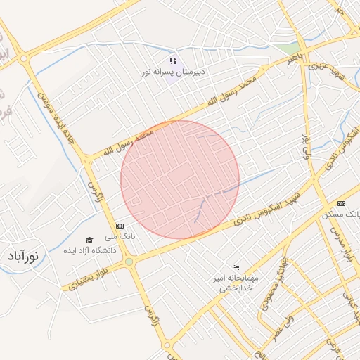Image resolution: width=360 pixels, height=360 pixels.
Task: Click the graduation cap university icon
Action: tap(89, 240)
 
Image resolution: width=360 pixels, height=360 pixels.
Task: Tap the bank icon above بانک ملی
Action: tap(120, 225)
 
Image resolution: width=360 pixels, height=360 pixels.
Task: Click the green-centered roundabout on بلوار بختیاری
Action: tap(129, 262)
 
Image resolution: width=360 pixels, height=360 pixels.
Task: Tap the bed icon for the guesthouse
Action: tap(236, 267)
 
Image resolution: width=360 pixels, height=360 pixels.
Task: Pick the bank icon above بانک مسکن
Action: tap(342, 202)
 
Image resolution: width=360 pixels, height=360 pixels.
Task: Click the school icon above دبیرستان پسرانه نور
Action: tap(173, 61)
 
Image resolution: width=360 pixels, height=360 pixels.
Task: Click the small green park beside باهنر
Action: tap(286, 49)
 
